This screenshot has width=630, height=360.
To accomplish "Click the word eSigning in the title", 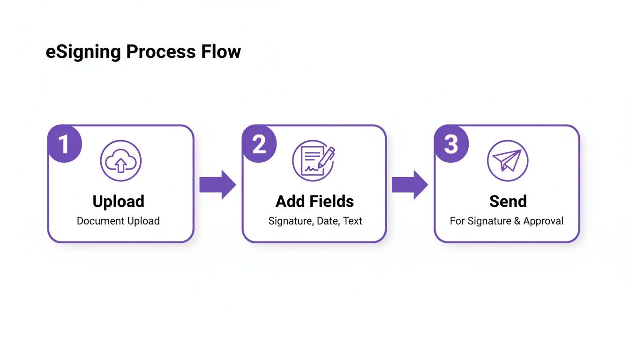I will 82,52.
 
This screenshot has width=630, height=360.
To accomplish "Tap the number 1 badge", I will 63,145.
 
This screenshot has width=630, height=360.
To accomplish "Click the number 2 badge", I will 259,145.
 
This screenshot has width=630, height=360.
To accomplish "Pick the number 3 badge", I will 451,145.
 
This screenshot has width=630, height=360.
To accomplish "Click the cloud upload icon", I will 120,161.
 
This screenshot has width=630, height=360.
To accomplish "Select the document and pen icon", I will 314,161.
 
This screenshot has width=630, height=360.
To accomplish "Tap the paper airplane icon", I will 507,161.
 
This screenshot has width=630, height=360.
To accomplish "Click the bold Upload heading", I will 118,201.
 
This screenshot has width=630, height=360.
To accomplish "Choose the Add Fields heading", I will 315,201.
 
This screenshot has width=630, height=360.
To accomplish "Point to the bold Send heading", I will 508,201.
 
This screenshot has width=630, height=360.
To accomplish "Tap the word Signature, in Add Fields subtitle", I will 291,221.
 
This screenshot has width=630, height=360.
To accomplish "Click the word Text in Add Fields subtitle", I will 352,221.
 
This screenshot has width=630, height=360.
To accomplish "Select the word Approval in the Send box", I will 543,221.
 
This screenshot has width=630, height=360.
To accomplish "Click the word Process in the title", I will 161,52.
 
